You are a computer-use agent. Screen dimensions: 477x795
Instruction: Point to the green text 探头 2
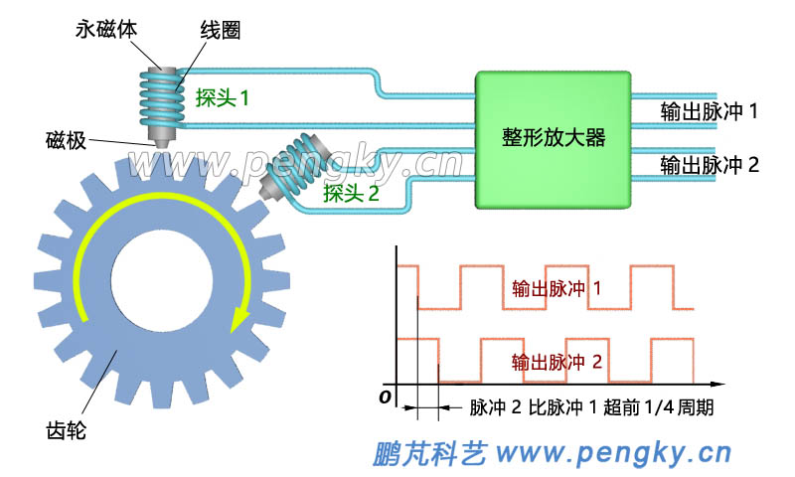click(351, 193)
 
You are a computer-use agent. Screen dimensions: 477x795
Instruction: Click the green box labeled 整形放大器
click(554, 139)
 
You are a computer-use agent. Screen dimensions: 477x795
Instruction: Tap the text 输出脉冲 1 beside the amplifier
click(710, 112)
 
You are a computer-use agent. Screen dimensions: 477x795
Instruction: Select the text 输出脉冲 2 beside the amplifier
click(710, 165)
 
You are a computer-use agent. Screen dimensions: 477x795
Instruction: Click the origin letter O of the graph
click(384, 397)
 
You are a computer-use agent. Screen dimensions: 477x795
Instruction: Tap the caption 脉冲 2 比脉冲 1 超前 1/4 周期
click(591, 408)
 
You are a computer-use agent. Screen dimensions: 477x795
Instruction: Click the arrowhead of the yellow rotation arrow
click(238, 321)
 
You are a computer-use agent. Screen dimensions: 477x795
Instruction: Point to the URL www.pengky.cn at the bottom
click(613, 454)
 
